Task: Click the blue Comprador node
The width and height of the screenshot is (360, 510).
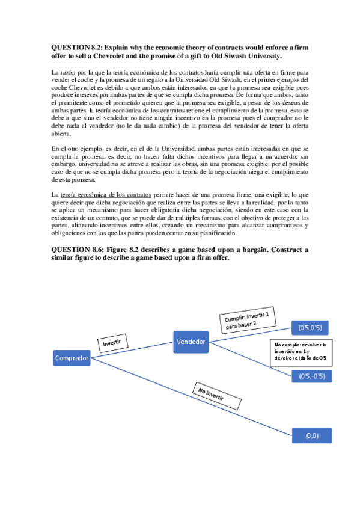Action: pyautogui.click(x=72, y=359)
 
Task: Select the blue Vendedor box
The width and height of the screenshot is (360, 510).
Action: pyautogui.click(x=191, y=342)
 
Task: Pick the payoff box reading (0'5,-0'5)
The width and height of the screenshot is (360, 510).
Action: pyautogui.click(x=312, y=376)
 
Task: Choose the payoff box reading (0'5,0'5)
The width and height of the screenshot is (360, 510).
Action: pyautogui.click(x=312, y=328)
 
